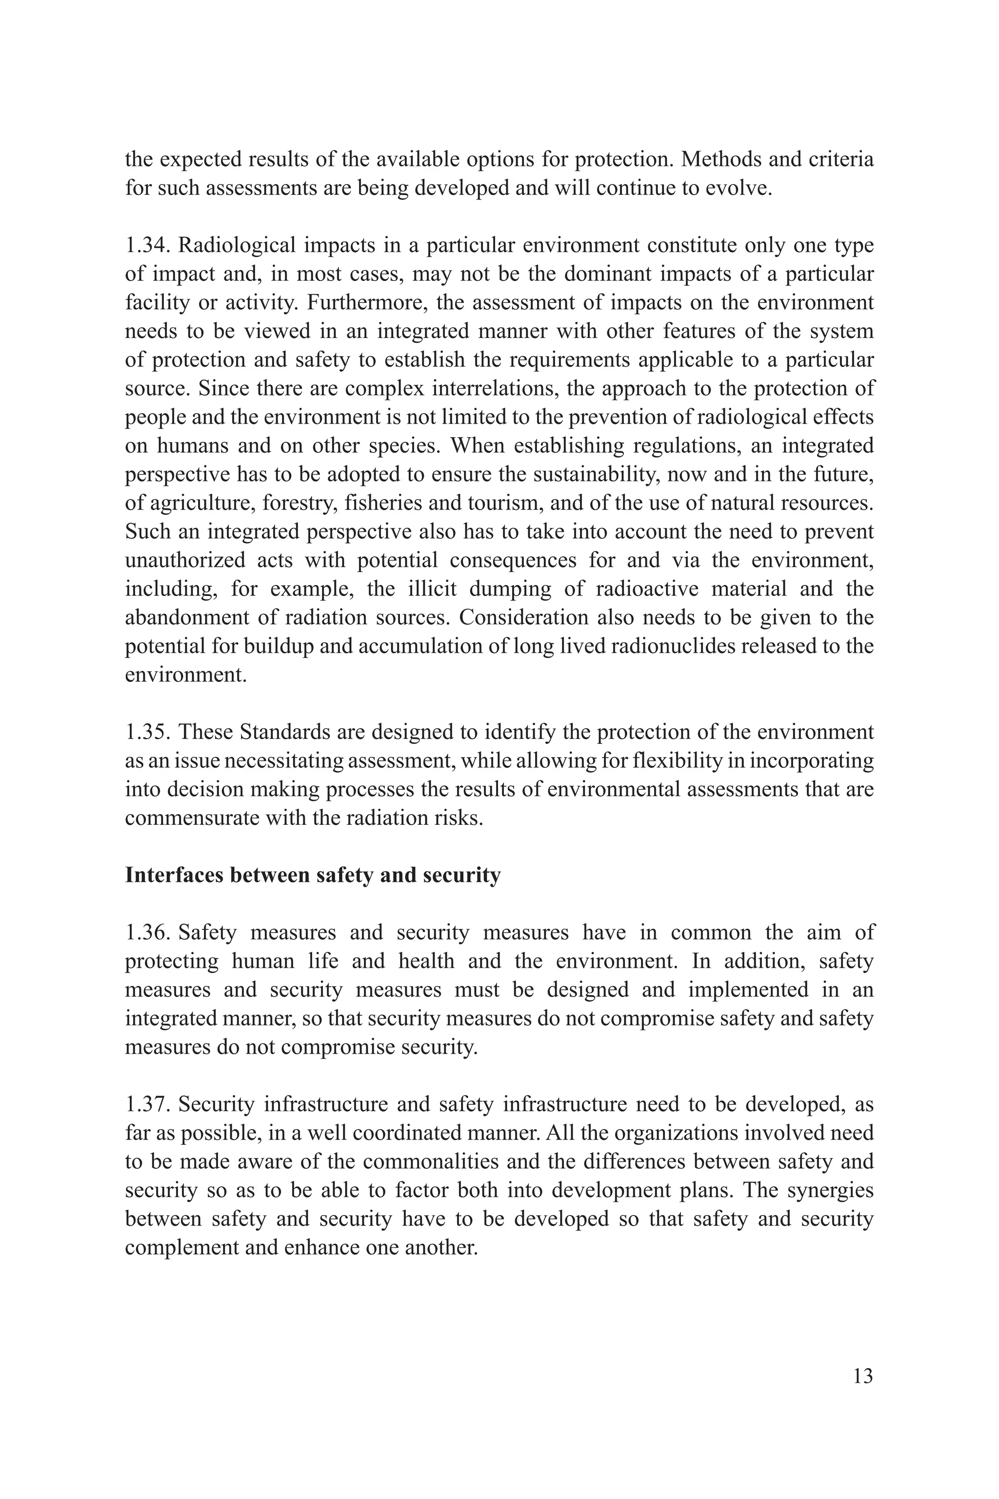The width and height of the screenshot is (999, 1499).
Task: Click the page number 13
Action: [862, 1376]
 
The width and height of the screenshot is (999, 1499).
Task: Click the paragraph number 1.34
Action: [147, 245]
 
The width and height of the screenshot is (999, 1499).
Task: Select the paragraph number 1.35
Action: [147, 733]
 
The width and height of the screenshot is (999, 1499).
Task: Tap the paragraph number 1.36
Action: [147, 933]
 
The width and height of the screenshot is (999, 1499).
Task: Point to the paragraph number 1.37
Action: [147, 1105]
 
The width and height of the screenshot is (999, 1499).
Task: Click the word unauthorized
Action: [185, 560]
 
